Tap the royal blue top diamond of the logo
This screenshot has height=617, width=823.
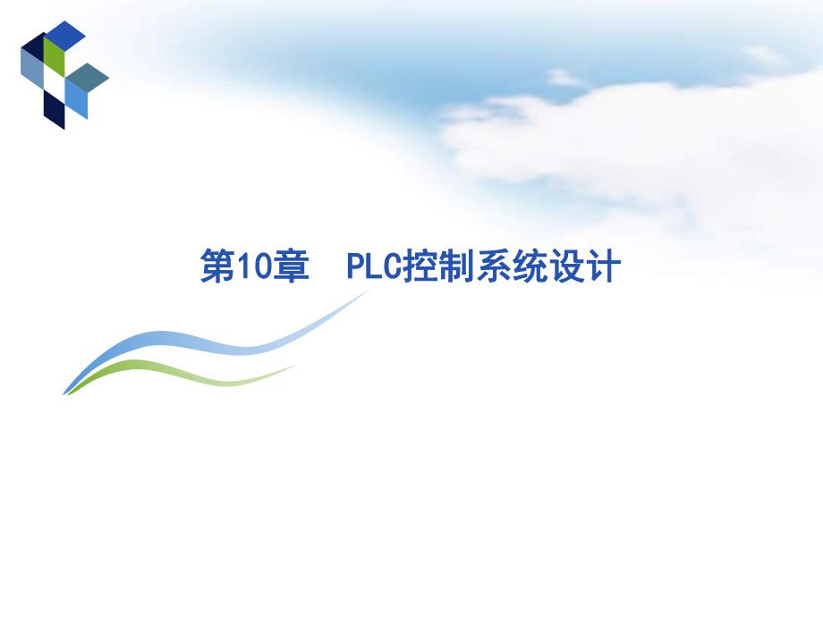(x=64, y=34)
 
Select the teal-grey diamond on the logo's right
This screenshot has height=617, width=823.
(x=88, y=78)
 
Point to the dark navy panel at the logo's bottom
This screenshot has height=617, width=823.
(x=54, y=111)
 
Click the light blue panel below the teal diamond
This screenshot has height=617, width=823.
(x=77, y=103)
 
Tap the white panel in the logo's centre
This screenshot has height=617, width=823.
(x=55, y=84)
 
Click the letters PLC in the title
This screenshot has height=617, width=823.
(x=374, y=267)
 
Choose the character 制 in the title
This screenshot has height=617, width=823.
(x=457, y=267)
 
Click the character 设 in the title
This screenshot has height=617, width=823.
(x=566, y=267)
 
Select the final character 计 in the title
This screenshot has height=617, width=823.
(x=602, y=267)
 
